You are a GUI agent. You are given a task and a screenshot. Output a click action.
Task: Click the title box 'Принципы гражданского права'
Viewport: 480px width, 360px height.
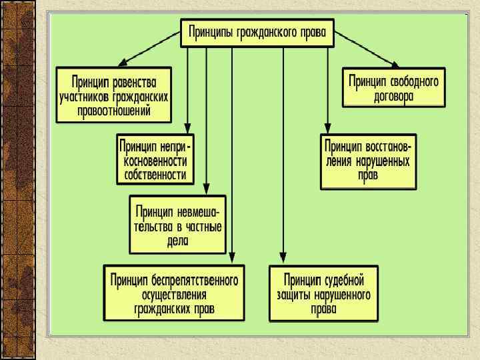point(257,32)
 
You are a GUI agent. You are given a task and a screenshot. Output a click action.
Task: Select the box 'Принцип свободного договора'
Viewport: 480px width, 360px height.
point(393,87)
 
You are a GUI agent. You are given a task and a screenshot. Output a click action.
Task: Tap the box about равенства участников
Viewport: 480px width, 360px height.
point(113,95)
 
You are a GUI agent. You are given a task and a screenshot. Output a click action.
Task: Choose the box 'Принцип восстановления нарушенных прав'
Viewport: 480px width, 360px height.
point(368,161)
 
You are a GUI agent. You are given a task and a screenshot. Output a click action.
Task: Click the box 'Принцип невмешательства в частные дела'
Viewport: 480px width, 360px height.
point(177,224)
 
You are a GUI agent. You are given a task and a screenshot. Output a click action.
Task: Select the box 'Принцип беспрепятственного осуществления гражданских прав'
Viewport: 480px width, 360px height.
point(175,293)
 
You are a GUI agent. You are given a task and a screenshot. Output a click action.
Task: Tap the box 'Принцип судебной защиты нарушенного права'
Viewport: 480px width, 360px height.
point(323,293)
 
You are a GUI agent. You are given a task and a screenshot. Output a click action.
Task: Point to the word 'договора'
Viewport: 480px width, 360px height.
point(393,95)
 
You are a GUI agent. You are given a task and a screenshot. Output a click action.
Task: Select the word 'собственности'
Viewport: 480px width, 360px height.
point(155,175)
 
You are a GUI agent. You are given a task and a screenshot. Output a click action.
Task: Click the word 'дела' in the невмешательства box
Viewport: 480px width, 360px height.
point(177,240)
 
